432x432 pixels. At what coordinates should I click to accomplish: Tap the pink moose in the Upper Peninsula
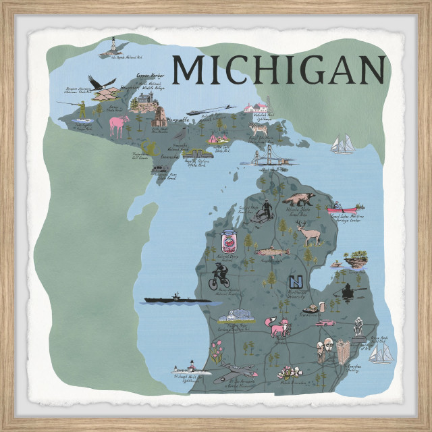[119, 125]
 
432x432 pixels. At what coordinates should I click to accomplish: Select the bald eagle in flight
[103, 84]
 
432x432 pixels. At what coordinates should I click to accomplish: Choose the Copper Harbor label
[151, 76]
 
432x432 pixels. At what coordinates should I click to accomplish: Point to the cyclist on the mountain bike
[219, 276]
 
